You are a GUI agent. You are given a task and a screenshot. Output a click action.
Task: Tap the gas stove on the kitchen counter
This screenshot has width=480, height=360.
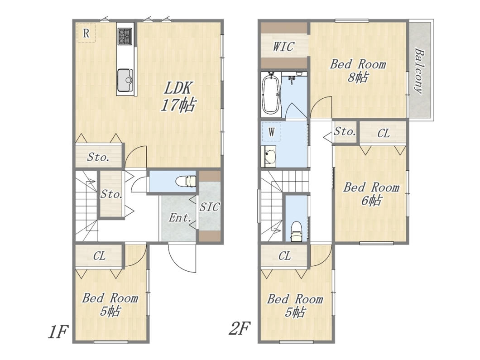tap(125, 36)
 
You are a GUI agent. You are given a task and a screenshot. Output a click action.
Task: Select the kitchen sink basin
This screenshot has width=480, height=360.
tap(125, 80)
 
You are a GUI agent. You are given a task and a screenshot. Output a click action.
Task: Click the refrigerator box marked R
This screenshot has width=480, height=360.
tap(86, 33)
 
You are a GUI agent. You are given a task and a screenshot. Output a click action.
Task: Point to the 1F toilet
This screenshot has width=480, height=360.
tap(186, 181)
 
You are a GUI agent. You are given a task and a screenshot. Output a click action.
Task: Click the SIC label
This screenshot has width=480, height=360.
tap(210, 207)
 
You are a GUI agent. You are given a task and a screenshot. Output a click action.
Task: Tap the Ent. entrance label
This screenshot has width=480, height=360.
tap(180, 218)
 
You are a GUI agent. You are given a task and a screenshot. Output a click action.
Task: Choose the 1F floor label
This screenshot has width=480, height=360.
tap(57, 331)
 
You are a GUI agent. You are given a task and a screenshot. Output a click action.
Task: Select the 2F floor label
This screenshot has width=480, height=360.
tap(240, 328)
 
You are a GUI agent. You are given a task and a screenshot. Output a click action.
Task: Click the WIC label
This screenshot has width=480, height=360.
tap(283, 47)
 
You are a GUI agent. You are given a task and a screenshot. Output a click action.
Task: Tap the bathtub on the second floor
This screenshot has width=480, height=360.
tap(271, 94)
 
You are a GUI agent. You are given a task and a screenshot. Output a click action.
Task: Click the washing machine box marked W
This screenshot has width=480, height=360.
tap(272, 132)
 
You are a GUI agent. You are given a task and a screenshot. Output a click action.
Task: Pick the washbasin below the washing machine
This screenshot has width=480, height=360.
tap(269, 156)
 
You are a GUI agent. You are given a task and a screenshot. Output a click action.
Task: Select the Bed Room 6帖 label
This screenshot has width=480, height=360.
tap(371, 194)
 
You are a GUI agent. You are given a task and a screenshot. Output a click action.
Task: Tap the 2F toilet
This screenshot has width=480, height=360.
tap(296, 231)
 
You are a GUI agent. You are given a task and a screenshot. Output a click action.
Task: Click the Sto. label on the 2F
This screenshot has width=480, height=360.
tap(345, 132)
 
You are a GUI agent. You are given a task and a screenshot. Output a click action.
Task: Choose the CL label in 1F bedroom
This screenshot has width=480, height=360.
tap(100, 255)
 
